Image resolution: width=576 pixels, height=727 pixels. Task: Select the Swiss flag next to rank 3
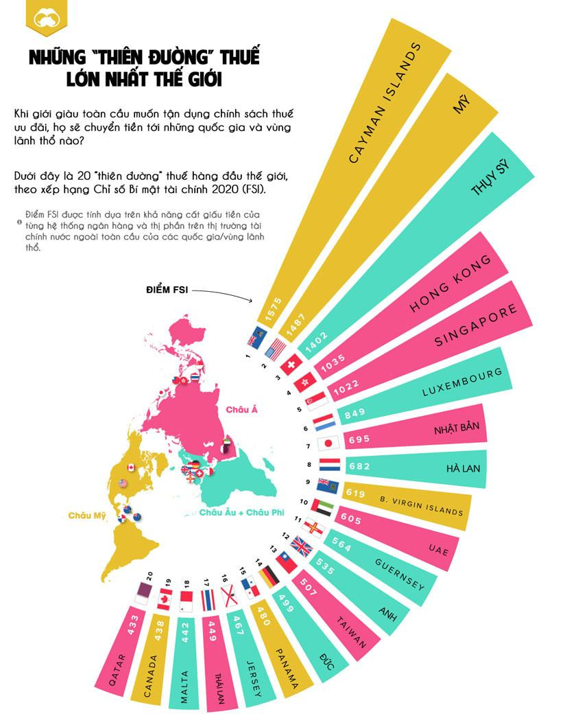[x=291, y=363]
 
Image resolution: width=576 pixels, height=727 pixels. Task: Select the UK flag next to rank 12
[x=302, y=546]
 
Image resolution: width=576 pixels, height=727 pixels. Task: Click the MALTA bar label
[x=184, y=686]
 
